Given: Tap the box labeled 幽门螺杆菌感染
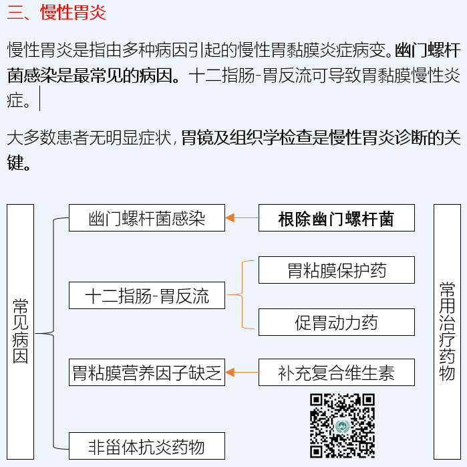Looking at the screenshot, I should pyautogui.click(x=147, y=218).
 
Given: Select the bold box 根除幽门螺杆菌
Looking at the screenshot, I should pyautogui.click(x=336, y=218).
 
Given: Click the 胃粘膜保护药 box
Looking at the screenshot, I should pyautogui.click(x=336, y=270).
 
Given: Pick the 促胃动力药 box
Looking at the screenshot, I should pyautogui.click(x=336, y=322).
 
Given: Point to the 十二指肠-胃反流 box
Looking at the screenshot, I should pyautogui.click(x=147, y=296).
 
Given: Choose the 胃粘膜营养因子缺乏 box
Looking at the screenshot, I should pyautogui.click(x=147, y=372).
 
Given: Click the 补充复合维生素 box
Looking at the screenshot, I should pyautogui.click(x=336, y=372).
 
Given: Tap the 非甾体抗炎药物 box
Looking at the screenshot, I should pyautogui.click(x=147, y=446).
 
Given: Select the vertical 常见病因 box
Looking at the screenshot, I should pyautogui.click(x=21, y=331).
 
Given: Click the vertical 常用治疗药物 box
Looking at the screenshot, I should pyautogui.click(x=447, y=331).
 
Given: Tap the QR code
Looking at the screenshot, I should pyautogui.click(x=341, y=426).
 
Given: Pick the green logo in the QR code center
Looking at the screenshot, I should pyautogui.click(x=341, y=427).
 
